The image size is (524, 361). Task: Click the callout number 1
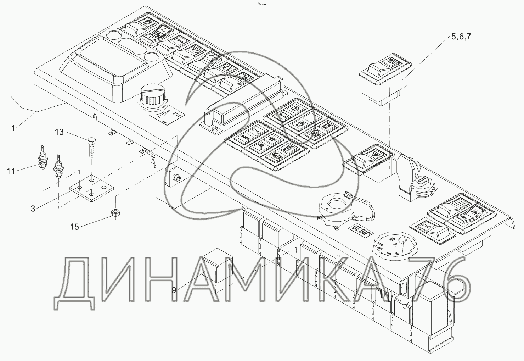tap(14, 128)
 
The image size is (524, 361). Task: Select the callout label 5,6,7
tap(461, 37)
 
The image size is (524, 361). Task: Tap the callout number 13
tap(60, 132)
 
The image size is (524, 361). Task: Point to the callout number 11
tap(11, 171)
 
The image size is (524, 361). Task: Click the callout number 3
tap(33, 209)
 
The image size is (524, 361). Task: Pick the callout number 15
tap(74, 227)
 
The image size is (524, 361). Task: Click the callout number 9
tap(174, 290)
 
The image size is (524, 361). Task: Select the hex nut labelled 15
tap(115, 213)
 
